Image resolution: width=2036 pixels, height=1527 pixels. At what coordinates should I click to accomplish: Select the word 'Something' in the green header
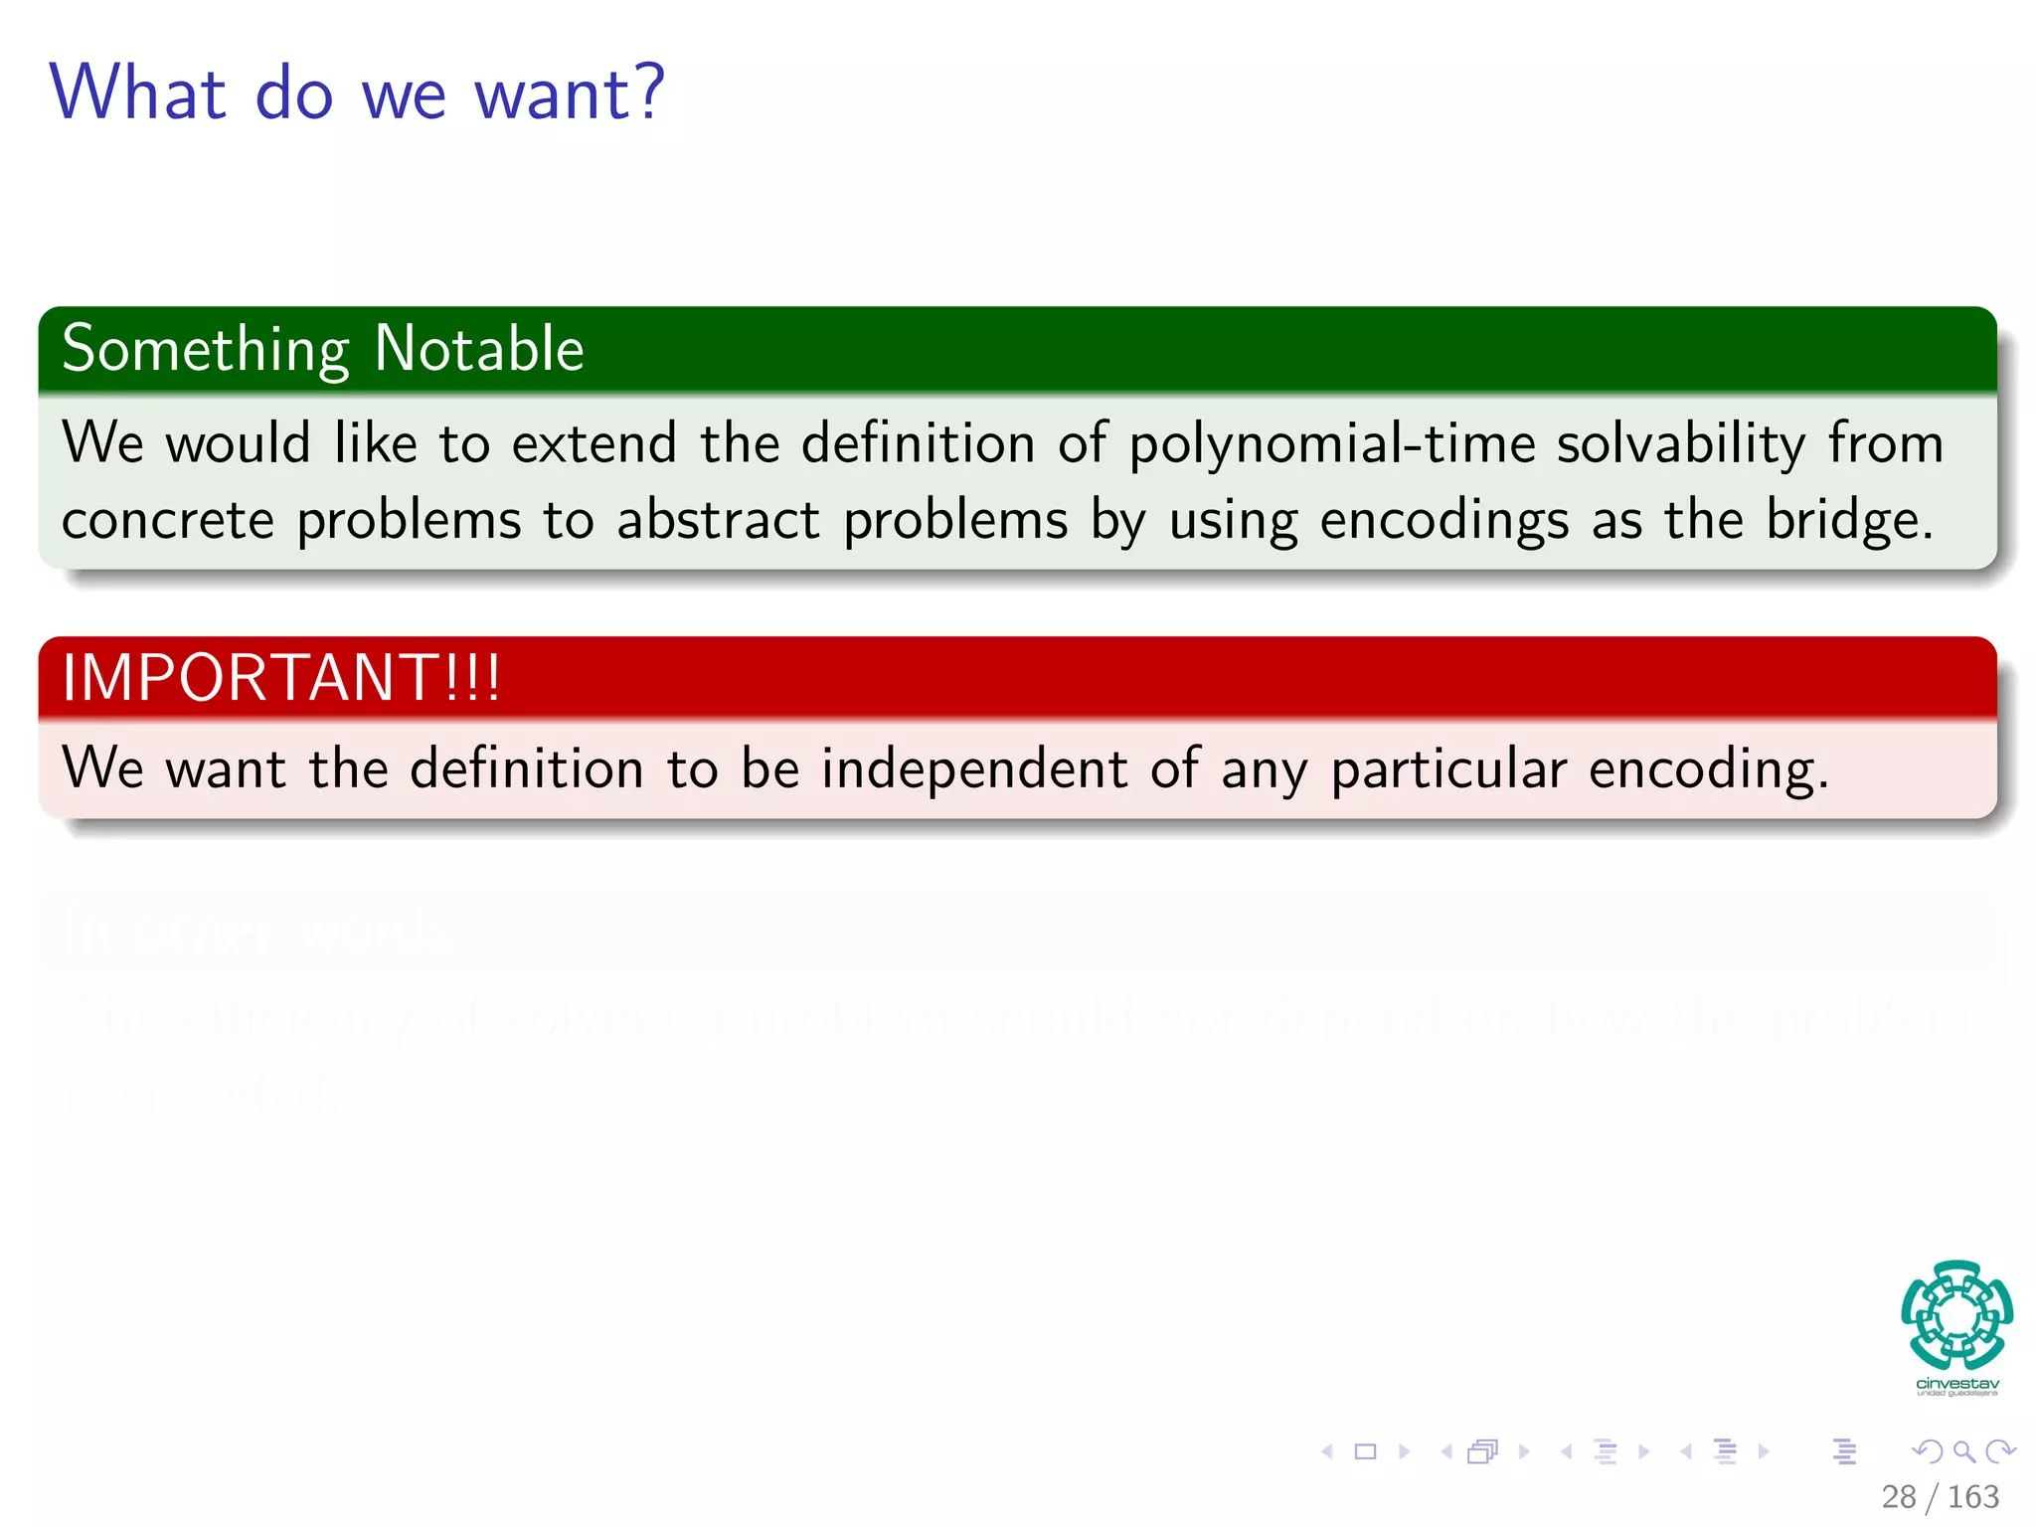[205, 351]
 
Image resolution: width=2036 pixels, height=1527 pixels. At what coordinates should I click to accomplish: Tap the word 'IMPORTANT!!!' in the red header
[281, 678]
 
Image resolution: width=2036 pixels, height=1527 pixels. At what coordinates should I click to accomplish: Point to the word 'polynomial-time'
[1331, 444]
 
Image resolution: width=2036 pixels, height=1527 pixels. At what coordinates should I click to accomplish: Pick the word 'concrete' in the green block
[167, 520]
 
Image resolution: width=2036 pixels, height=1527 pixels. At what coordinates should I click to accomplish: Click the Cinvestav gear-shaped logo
[1956, 1314]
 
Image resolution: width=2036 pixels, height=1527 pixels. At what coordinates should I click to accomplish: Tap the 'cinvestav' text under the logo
[1956, 1383]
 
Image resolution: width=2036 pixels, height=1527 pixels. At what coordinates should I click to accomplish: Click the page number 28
[1898, 1496]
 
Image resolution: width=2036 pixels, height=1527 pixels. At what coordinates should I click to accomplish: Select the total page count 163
[1972, 1496]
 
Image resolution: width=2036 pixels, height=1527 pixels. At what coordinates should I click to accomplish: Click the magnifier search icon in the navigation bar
[1963, 1451]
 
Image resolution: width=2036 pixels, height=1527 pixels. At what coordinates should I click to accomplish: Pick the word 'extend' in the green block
[594, 443]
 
